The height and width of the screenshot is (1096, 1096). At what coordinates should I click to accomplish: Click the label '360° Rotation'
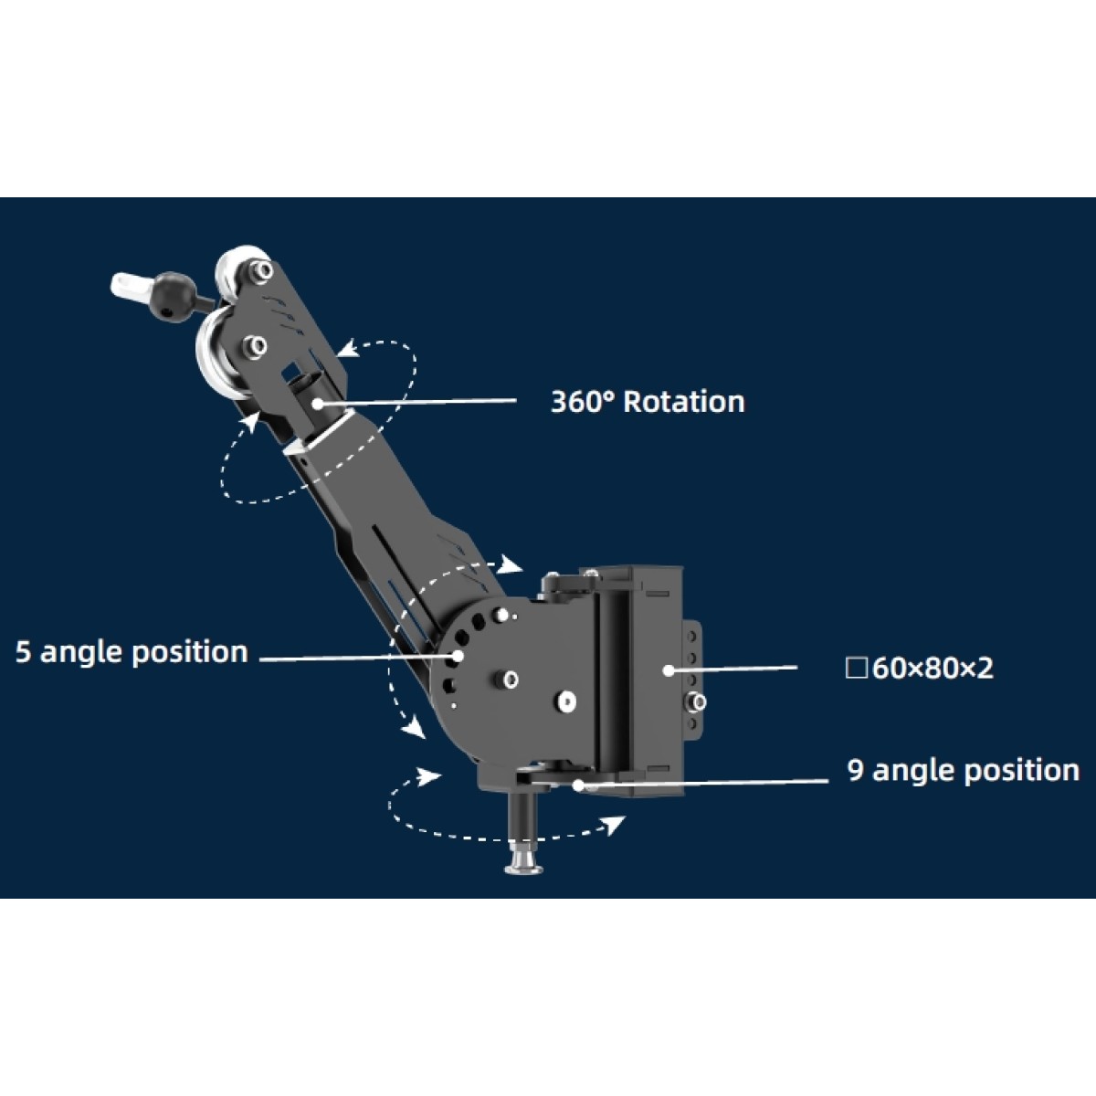click(648, 402)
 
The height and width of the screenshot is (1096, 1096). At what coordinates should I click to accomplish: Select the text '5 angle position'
click(132, 652)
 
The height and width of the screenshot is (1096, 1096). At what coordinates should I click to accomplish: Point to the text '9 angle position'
click(964, 771)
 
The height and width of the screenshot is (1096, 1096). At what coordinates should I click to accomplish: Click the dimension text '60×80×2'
click(933, 669)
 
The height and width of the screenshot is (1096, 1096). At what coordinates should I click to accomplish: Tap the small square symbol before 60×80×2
click(856, 669)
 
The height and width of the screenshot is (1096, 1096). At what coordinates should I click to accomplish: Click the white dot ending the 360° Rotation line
click(317, 404)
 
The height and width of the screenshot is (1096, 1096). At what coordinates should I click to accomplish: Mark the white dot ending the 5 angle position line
click(458, 655)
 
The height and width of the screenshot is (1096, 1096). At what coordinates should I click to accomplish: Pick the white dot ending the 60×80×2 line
click(669, 670)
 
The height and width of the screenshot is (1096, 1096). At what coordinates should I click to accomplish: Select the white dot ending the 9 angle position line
click(578, 785)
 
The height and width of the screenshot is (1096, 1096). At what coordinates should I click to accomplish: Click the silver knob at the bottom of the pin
click(523, 865)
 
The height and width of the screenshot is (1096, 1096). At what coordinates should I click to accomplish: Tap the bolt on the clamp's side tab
click(697, 701)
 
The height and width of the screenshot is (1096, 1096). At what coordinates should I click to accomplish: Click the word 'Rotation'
click(684, 402)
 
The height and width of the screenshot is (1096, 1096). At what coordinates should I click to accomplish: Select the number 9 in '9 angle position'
click(856, 771)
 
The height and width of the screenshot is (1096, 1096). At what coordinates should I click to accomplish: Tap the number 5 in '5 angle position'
click(23, 652)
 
